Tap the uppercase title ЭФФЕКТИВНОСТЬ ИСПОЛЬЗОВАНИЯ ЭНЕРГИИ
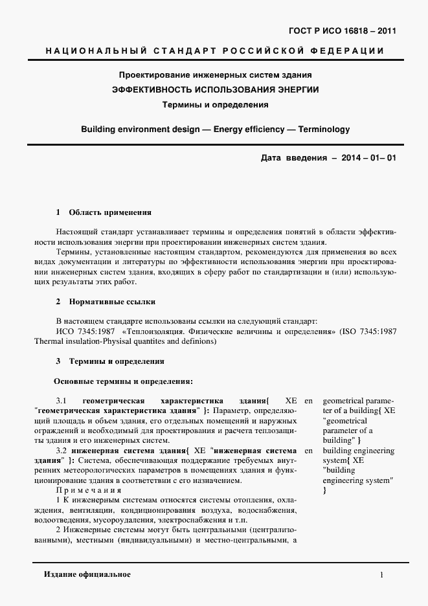tap(216, 89)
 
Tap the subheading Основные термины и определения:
tap(122, 381)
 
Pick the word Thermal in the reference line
tap(45, 341)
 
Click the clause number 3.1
tap(62, 401)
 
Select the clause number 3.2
tap(62, 450)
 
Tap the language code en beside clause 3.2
tap(308, 450)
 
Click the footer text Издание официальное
tap(87, 574)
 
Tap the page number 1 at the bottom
tap(382, 575)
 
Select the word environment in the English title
tap(151, 129)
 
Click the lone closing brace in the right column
tap(324, 490)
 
